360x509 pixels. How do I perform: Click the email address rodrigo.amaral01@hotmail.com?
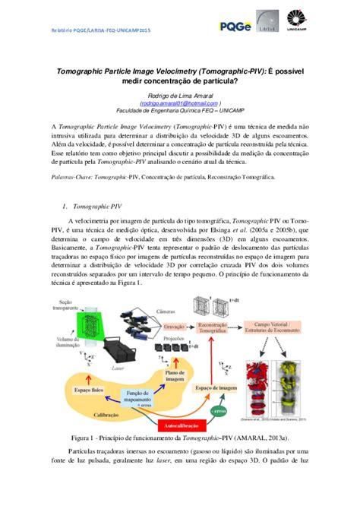coord(179,103)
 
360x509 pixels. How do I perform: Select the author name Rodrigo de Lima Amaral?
coord(179,95)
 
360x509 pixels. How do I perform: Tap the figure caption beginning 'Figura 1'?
coord(179,438)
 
